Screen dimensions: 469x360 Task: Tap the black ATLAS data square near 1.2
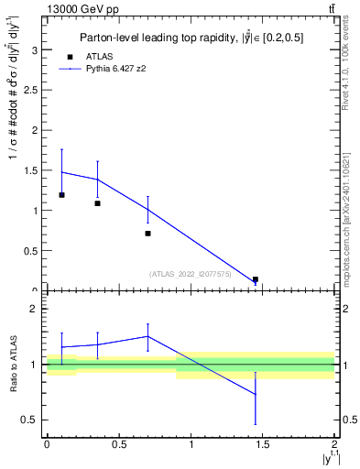click(61, 195)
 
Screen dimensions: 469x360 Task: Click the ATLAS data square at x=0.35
click(97, 203)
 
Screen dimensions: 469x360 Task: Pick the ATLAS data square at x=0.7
click(147, 234)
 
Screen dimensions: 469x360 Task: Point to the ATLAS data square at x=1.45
click(256, 279)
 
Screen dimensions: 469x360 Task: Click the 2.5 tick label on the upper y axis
click(33, 90)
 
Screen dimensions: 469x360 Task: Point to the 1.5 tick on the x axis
click(263, 444)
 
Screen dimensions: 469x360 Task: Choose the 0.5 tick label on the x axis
click(118, 444)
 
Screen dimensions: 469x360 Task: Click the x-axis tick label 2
click(335, 444)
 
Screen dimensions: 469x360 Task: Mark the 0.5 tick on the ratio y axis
click(34, 420)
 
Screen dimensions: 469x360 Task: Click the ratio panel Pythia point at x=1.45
click(256, 394)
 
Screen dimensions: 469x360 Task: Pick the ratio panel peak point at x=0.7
click(147, 336)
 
